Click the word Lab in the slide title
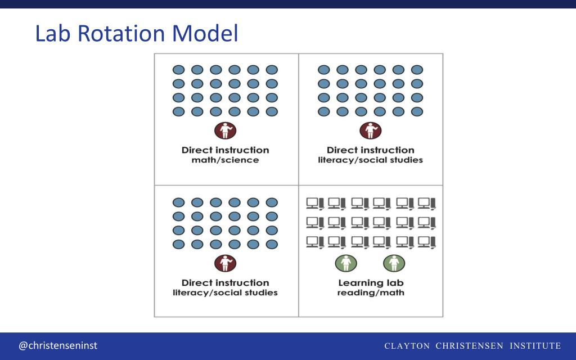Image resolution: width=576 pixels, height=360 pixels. point(53,34)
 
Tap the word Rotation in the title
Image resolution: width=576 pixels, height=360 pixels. point(120,34)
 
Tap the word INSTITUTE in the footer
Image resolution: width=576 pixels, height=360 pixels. point(535,345)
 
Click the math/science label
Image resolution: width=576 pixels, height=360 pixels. point(225,160)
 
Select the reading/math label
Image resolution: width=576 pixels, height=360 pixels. point(371,293)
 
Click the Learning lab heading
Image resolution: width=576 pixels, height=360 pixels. point(371,283)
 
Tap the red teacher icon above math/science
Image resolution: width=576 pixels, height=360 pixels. point(225,132)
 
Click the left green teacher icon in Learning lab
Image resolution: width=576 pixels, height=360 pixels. point(346,263)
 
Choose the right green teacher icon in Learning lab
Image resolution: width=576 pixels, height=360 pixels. point(394,263)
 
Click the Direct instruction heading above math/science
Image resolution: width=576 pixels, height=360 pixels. point(225,150)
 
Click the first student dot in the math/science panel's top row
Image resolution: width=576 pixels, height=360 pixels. point(178,70)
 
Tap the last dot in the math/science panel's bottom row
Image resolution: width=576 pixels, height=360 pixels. point(272,111)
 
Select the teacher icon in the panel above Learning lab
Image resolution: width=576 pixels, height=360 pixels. point(370,132)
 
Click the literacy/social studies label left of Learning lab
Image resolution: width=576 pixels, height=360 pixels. point(225,293)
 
